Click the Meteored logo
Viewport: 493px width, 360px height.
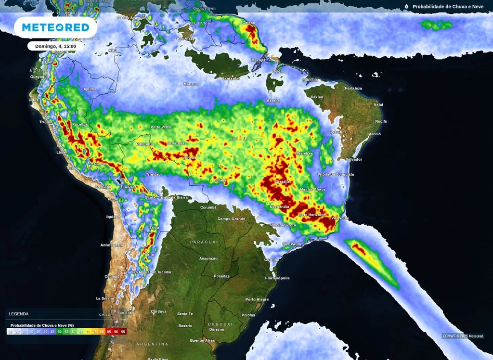(x=55, y=27)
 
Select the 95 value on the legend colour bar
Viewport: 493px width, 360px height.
(x=123, y=332)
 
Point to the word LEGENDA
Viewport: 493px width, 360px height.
(x=19, y=314)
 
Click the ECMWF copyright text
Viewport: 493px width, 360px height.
(x=463, y=336)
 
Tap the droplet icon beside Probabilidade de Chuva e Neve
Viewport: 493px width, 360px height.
(x=406, y=7)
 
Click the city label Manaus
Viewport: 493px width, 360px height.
(x=190, y=84)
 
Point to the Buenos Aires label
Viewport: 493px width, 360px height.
(x=202, y=340)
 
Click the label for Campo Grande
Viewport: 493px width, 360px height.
(x=232, y=219)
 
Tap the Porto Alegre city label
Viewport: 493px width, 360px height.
(x=257, y=299)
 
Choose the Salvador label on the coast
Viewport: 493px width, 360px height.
(x=353, y=159)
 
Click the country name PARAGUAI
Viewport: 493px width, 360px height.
(x=204, y=242)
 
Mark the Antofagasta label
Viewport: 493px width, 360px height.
(x=112, y=245)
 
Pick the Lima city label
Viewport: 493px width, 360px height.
(x=61, y=152)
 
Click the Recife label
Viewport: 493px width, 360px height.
(x=381, y=121)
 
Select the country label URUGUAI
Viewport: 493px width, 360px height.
(x=220, y=324)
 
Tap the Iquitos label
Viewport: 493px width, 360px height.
(x=90, y=89)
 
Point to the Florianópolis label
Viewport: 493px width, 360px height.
(x=277, y=278)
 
